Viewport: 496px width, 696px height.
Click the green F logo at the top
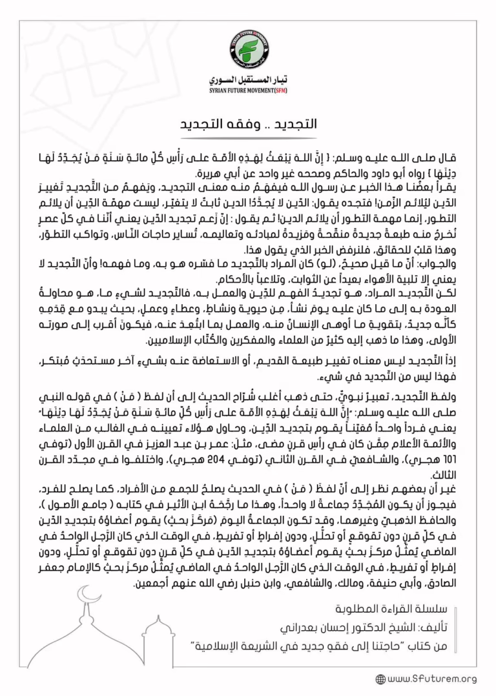pos(247,49)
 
